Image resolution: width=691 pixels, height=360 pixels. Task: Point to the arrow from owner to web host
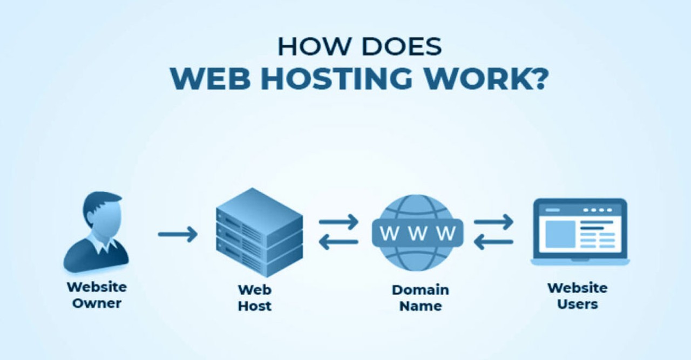tap(178, 234)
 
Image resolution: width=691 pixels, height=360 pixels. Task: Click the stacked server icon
tap(259, 232)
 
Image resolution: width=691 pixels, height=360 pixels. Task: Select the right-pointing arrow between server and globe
tap(338, 221)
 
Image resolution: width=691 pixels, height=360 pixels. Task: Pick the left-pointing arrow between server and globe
tap(338, 242)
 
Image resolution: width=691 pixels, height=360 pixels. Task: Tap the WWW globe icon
tap(417, 233)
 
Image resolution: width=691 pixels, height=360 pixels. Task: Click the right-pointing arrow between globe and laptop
tap(493, 221)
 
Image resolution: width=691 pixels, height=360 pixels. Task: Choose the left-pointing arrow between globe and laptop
tap(493, 242)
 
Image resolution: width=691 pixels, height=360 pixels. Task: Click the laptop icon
tap(580, 232)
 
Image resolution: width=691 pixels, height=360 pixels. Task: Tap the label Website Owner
tap(97, 294)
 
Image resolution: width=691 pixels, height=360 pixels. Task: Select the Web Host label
tap(255, 297)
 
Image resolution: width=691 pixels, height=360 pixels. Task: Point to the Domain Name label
tap(421, 297)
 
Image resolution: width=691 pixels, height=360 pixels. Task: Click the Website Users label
tap(577, 295)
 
